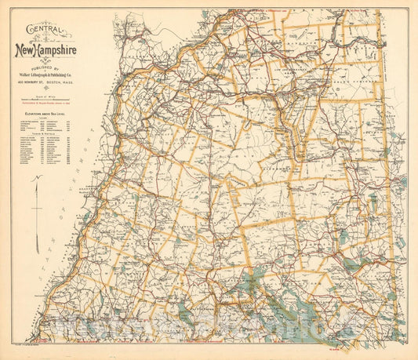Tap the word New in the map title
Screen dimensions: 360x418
[x=29, y=51]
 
